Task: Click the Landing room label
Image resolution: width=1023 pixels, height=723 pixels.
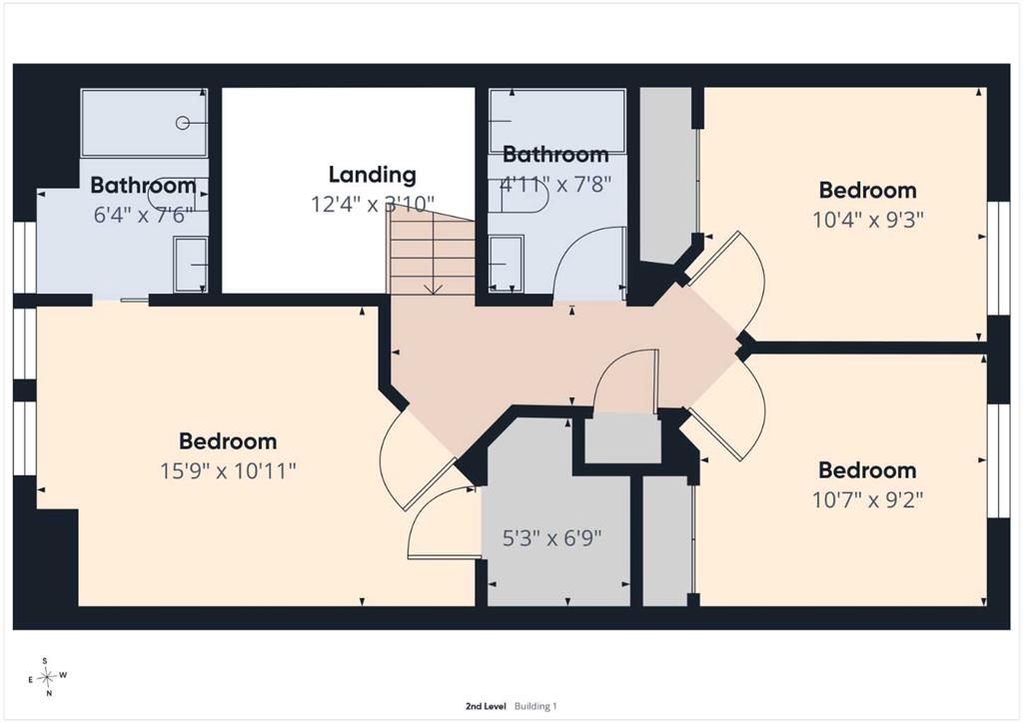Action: pyautogui.click(x=372, y=175)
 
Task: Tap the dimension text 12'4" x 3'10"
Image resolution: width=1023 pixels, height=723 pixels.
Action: pyautogui.click(x=372, y=205)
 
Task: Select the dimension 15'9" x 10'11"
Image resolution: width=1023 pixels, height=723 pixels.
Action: pyautogui.click(x=229, y=470)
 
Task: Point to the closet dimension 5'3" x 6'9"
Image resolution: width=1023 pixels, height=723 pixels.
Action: pyautogui.click(x=551, y=538)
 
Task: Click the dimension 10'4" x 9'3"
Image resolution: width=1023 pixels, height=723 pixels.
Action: pyautogui.click(x=868, y=220)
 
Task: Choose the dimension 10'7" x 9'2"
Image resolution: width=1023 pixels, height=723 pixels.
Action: pyautogui.click(x=868, y=500)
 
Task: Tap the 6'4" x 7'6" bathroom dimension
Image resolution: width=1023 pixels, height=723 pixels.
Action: pyautogui.click(x=141, y=215)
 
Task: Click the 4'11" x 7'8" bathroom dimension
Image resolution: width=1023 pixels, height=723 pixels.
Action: pyautogui.click(x=555, y=185)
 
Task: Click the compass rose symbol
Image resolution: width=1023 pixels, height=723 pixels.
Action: pyautogui.click(x=47, y=677)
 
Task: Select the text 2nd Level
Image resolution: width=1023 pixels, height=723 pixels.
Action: pyautogui.click(x=486, y=706)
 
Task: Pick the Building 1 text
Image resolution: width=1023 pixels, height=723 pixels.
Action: pyautogui.click(x=535, y=706)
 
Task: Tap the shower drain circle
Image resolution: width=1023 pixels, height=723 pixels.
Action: pyautogui.click(x=184, y=123)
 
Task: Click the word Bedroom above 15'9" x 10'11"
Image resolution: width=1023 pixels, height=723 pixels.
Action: pyautogui.click(x=228, y=441)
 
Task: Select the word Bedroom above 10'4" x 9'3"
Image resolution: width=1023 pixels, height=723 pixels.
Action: pyautogui.click(x=868, y=191)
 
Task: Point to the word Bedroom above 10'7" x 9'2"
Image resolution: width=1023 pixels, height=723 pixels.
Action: pyautogui.click(x=868, y=470)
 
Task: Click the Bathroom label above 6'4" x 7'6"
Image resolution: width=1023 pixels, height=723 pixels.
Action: pyautogui.click(x=143, y=185)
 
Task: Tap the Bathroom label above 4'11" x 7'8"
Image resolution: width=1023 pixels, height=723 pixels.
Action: pyautogui.click(x=555, y=155)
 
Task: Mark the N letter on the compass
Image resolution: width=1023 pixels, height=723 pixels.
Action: pyautogui.click(x=49, y=694)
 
